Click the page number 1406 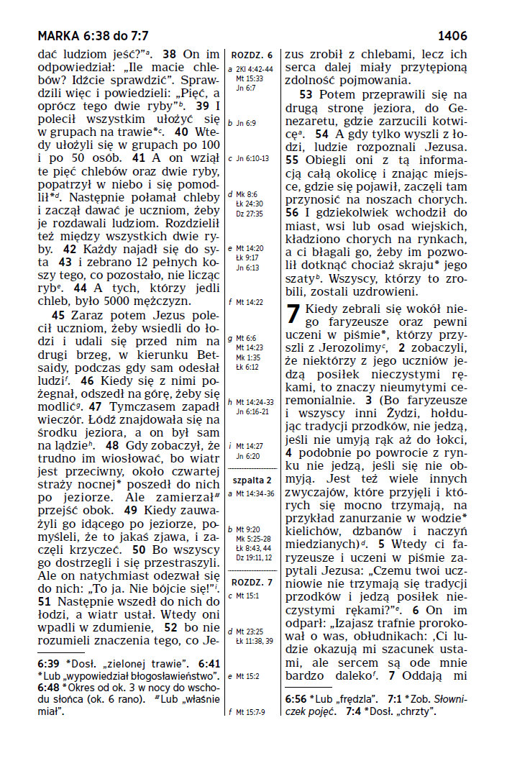pyautogui.click(x=452, y=36)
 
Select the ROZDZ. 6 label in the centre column pyautogui.click(x=252, y=55)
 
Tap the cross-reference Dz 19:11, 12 pyautogui.click(x=254, y=557)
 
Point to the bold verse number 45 pyautogui.click(x=60, y=314)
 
